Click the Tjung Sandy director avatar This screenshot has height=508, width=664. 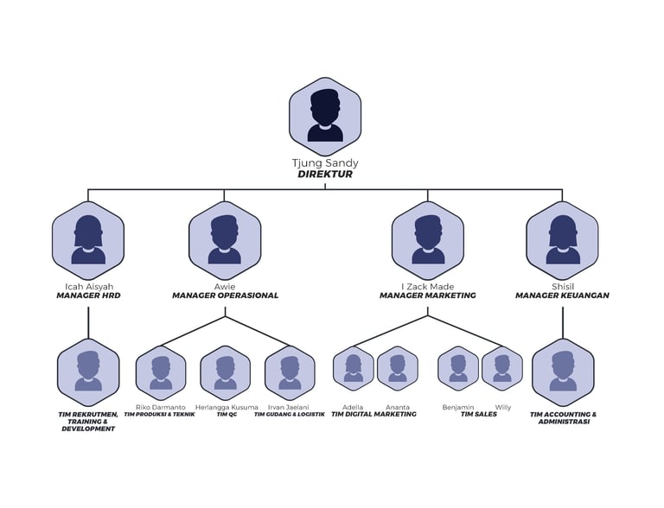[x=325, y=116]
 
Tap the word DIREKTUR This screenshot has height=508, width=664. [x=325, y=174]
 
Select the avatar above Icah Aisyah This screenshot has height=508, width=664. [x=88, y=239]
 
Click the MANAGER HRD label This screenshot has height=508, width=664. [x=88, y=295]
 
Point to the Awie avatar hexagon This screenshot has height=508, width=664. [x=225, y=239]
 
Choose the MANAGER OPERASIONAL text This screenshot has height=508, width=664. [x=225, y=295]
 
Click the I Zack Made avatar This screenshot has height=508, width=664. [x=428, y=239]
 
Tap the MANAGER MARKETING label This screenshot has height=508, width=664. [x=428, y=295]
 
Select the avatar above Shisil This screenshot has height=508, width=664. [x=563, y=239]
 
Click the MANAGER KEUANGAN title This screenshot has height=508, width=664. [x=563, y=295]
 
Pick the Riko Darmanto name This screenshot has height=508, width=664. [x=160, y=407]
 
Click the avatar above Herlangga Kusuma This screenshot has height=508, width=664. [x=226, y=372]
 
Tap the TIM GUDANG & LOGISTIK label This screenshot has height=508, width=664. [x=290, y=415]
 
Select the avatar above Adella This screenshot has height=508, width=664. [x=354, y=368]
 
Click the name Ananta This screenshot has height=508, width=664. [x=398, y=407]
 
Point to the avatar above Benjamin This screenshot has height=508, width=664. [x=458, y=368]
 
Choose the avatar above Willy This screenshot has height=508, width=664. [x=502, y=368]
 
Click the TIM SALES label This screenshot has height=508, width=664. [x=478, y=415]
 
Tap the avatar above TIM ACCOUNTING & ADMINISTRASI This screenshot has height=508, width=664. [x=563, y=372]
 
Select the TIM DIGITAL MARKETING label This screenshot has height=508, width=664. [x=373, y=415]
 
